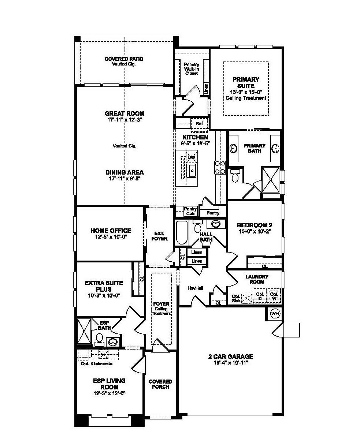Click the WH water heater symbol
coord(275,314)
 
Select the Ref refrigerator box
coord(199,124)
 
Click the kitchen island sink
coord(192,170)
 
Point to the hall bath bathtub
coord(181,233)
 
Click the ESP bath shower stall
coord(84,331)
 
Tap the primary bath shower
coord(271,179)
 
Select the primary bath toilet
coord(235,176)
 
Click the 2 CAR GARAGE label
coord(231,357)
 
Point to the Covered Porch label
coord(160,384)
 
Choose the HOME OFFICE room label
coord(111,231)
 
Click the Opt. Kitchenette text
coord(97,364)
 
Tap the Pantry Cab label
coord(190,211)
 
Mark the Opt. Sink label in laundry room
coord(237,298)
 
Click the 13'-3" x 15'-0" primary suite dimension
coord(246,92)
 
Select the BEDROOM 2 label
coord(255,225)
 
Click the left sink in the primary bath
coord(234,148)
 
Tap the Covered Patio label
coord(124,59)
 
